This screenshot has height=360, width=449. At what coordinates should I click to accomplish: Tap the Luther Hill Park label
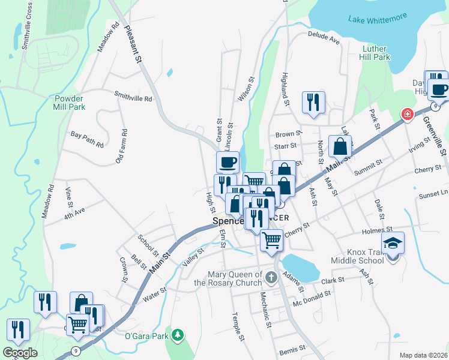pyautogui.click(x=376, y=53)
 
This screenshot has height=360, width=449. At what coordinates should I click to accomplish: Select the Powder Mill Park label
pyautogui.click(x=70, y=103)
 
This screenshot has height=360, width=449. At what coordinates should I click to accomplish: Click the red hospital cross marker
pyautogui.click(x=407, y=114)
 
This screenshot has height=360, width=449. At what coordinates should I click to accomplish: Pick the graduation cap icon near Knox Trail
pyautogui.click(x=393, y=243)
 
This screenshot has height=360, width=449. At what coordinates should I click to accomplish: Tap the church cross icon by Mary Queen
pyautogui.click(x=271, y=277)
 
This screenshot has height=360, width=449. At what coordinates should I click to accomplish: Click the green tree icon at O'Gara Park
pyautogui.click(x=177, y=334)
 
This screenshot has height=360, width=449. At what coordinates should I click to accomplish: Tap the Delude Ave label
pyautogui.click(x=324, y=38)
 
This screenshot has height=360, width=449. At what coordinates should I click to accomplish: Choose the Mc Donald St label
pyautogui.click(x=312, y=298)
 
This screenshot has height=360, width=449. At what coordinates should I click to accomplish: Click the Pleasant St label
pyautogui.click(x=133, y=43)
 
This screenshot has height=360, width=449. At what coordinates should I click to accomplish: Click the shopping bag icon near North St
pyautogui.click(x=340, y=146)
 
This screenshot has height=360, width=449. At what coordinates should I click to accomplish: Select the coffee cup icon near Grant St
pyautogui.click(x=228, y=162)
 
